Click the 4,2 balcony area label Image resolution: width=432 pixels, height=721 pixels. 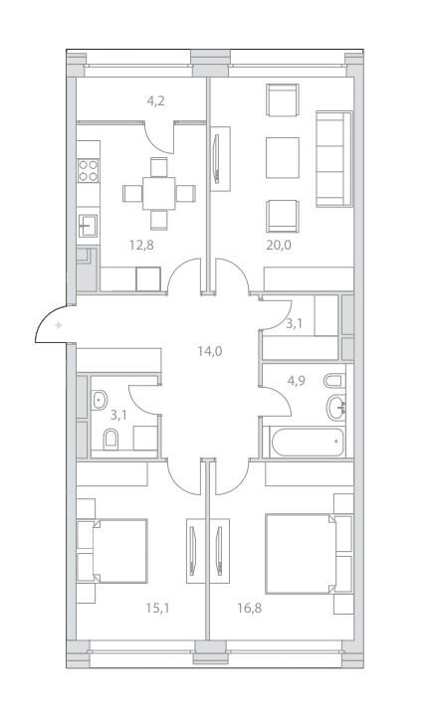point(155,101)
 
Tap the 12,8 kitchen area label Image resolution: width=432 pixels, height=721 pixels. point(141,245)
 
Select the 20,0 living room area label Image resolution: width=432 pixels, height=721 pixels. point(279,245)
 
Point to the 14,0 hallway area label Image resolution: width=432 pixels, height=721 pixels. point(210,352)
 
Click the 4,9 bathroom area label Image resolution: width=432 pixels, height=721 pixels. point(296,381)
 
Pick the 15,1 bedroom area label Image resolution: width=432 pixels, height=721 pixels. point(158,609)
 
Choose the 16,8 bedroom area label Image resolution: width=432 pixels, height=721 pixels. point(250,609)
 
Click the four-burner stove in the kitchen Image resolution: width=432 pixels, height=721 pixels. point(89,171)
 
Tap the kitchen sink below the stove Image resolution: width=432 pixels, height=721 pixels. point(88,226)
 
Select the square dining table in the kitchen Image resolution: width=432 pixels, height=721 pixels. point(158,193)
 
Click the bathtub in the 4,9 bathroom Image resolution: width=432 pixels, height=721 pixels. point(308,443)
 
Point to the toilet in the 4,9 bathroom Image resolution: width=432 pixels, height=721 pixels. point(334,381)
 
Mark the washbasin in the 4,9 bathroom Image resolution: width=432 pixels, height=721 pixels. point(336,408)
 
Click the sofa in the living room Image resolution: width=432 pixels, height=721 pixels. point(334,159)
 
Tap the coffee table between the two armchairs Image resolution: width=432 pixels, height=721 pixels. point(283,158)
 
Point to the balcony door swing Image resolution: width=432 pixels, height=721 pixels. point(159,137)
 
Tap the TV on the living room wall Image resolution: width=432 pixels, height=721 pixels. point(217,159)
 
